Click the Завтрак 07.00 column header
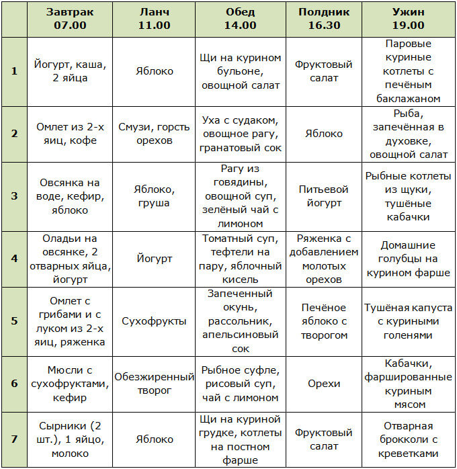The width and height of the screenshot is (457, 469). pyautogui.click(x=70, y=19)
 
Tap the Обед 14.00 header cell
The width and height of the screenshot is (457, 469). pyautogui.click(x=241, y=19)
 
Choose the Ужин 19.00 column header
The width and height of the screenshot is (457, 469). pyautogui.click(x=408, y=19)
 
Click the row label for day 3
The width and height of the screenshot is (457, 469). pyautogui.click(x=14, y=196)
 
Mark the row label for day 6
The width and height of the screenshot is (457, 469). pyautogui.click(x=14, y=384)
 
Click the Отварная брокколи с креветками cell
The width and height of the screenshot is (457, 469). pyautogui.click(x=408, y=440)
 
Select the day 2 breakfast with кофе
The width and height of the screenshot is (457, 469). pyautogui.click(x=70, y=133)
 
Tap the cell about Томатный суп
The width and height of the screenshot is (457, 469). pyautogui.click(x=241, y=259)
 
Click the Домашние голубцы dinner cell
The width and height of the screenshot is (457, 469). pyautogui.click(x=408, y=259)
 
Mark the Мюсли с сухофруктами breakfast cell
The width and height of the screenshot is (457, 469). pyautogui.click(x=70, y=384)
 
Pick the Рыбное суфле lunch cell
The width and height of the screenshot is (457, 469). pyautogui.click(x=241, y=384)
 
